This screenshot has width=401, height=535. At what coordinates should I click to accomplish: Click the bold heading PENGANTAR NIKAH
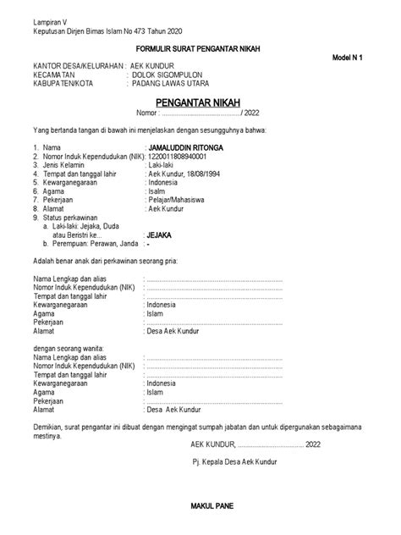200,102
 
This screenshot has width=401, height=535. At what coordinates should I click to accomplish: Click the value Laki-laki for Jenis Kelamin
163,165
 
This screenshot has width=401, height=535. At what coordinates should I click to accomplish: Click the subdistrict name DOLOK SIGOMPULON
168,74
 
